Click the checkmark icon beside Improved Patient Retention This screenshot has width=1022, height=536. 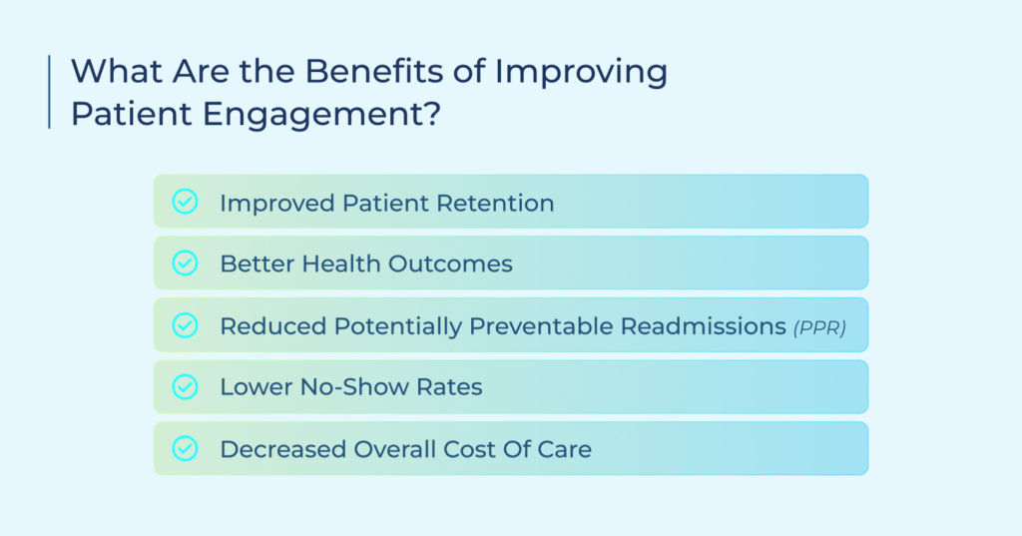[185, 202]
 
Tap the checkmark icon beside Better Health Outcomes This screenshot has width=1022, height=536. [185, 263]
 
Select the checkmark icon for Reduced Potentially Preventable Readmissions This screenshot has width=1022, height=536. [185, 324]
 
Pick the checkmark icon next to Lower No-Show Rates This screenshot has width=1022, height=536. [185, 386]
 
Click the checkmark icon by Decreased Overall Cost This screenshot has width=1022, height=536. [185, 448]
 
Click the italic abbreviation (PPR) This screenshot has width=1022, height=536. [819, 327]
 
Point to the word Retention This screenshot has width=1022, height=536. [495, 203]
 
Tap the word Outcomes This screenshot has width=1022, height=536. [450, 265]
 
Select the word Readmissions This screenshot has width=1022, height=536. [704, 326]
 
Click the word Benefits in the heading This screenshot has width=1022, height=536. [375, 71]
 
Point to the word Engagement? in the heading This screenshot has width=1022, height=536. [321, 114]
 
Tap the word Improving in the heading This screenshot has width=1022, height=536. [581, 72]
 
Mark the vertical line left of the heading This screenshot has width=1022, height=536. [50, 92]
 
